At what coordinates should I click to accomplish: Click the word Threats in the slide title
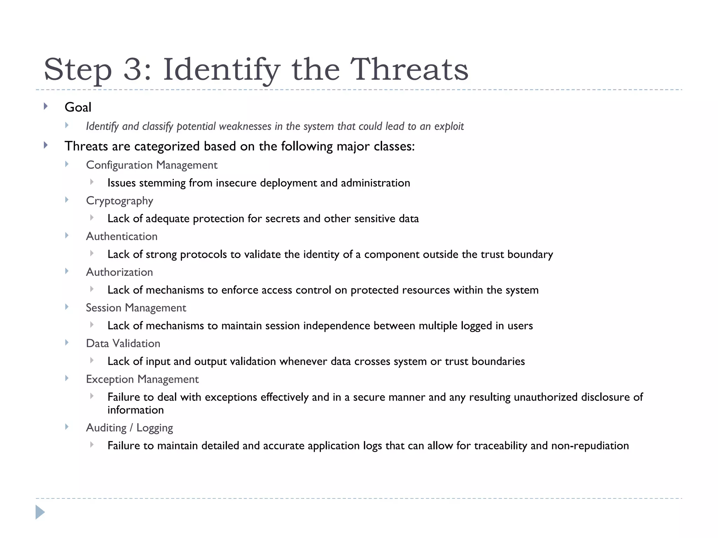click(x=409, y=69)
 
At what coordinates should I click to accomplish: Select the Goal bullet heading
click(x=78, y=107)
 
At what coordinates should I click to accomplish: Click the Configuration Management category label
click(x=151, y=165)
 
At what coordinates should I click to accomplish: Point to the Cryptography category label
click(x=120, y=201)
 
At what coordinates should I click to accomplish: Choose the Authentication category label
click(x=122, y=236)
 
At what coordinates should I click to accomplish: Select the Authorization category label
click(x=120, y=272)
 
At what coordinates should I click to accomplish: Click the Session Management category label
click(x=136, y=308)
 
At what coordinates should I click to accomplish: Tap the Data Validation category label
click(x=123, y=344)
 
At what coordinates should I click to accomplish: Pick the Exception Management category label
click(x=142, y=379)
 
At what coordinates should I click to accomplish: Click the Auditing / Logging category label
click(x=129, y=428)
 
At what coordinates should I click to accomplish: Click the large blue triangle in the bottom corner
click(x=40, y=512)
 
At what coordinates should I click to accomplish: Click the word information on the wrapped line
click(x=136, y=410)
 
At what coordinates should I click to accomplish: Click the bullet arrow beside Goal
click(x=46, y=106)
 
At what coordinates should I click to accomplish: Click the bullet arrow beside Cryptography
click(x=67, y=200)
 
